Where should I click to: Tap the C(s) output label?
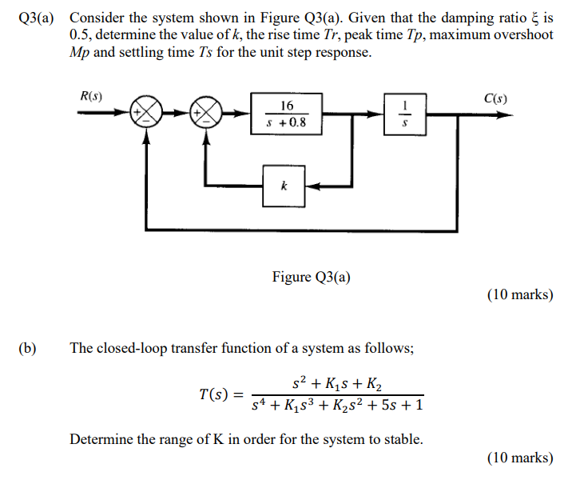click(495, 99)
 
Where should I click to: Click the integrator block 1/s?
click(407, 114)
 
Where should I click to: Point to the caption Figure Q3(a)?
click(311, 277)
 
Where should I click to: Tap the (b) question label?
click(29, 348)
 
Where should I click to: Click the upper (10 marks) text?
click(519, 294)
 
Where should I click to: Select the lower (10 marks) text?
click(519, 458)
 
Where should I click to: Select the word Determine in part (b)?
click(100, 439)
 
